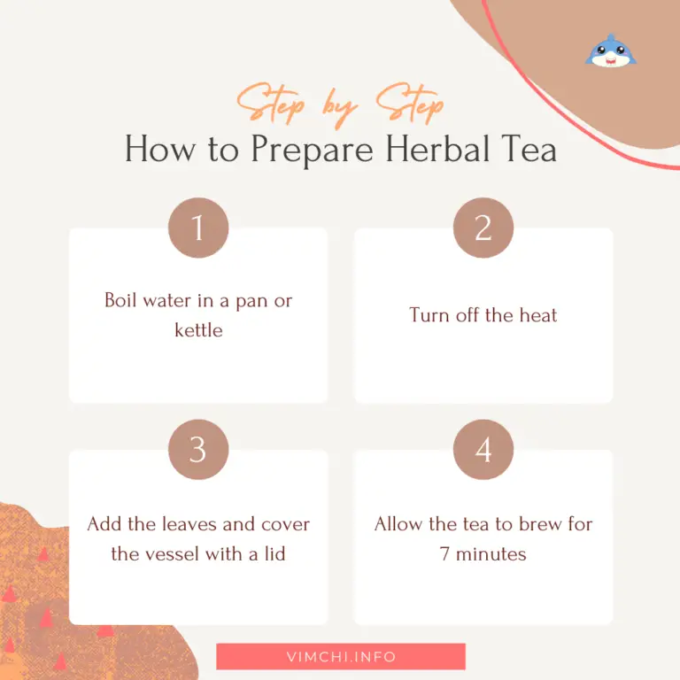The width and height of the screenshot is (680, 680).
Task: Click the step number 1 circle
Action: pos(198,228)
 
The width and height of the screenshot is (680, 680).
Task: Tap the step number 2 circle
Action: pos(483,228)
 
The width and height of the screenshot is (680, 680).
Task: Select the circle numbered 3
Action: pos(198,450)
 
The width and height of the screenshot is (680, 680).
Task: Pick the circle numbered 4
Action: pos(483,450)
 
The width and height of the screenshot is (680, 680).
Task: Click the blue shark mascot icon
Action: pos(610,50)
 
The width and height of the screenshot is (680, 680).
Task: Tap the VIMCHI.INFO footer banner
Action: pos(341,657)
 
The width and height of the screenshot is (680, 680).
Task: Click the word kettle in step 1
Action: pos(198,330)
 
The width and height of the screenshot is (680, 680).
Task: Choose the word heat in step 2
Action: pos(537,315)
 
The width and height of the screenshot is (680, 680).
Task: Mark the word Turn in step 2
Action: pos(429,315)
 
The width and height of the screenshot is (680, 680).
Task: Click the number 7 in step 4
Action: pos(445,554)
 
